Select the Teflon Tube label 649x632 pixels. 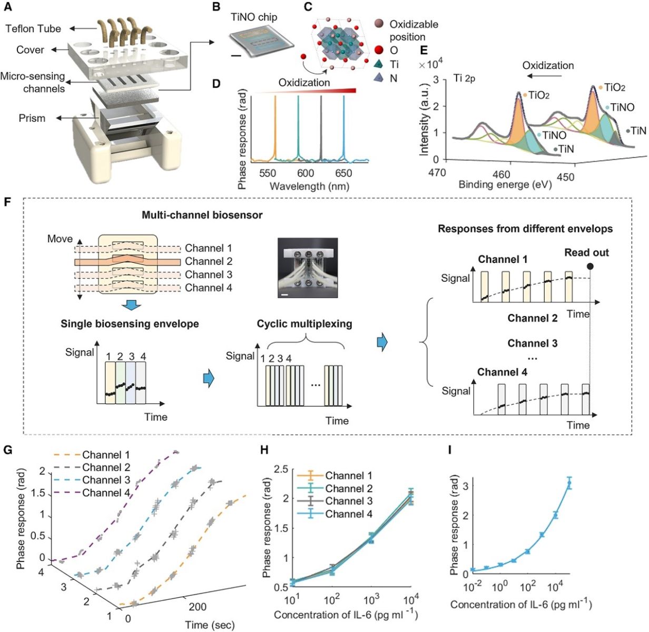33,28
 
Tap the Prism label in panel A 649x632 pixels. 32,118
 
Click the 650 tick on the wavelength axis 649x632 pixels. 343,173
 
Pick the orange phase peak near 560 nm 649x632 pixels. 275,126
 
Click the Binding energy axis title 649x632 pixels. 505,184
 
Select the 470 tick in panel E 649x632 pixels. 437,173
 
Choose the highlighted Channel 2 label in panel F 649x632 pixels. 209,261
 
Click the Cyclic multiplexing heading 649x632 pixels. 304,323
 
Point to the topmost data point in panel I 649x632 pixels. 569,482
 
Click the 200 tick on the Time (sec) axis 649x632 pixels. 198,607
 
